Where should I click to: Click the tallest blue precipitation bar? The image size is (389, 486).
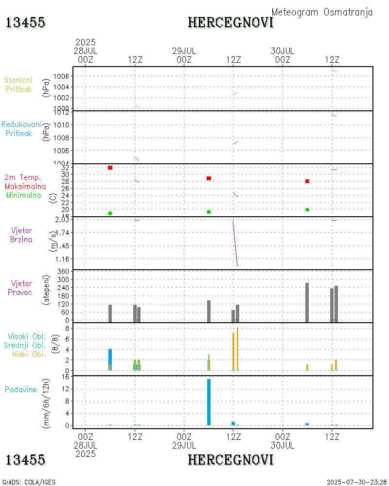click(x=209, y=402)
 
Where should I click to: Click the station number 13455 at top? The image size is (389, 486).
click(x=26, y=22)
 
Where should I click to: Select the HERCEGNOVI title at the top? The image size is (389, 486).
click(x=230, y=22)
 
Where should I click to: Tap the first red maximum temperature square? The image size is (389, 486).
click(x=110, y=168)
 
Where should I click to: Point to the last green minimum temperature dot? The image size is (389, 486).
click(x=307, y=209)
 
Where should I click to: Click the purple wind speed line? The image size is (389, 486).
click(x=235, y=243)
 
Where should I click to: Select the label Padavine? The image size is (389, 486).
click(x=20, y=389)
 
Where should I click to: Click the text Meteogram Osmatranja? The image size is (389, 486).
click(x=322, y=12)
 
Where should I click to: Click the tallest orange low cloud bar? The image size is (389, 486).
click(x=237, y=349)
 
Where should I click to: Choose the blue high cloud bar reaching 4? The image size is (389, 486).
click(x=110, y=360)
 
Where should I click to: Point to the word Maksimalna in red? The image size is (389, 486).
click(x=25, y=187)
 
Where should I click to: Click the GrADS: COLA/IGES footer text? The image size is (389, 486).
click(x=29, y=482)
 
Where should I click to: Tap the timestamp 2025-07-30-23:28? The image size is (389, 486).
click(x=356, y=482)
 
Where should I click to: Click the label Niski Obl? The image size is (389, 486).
click(x=27, y=354)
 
